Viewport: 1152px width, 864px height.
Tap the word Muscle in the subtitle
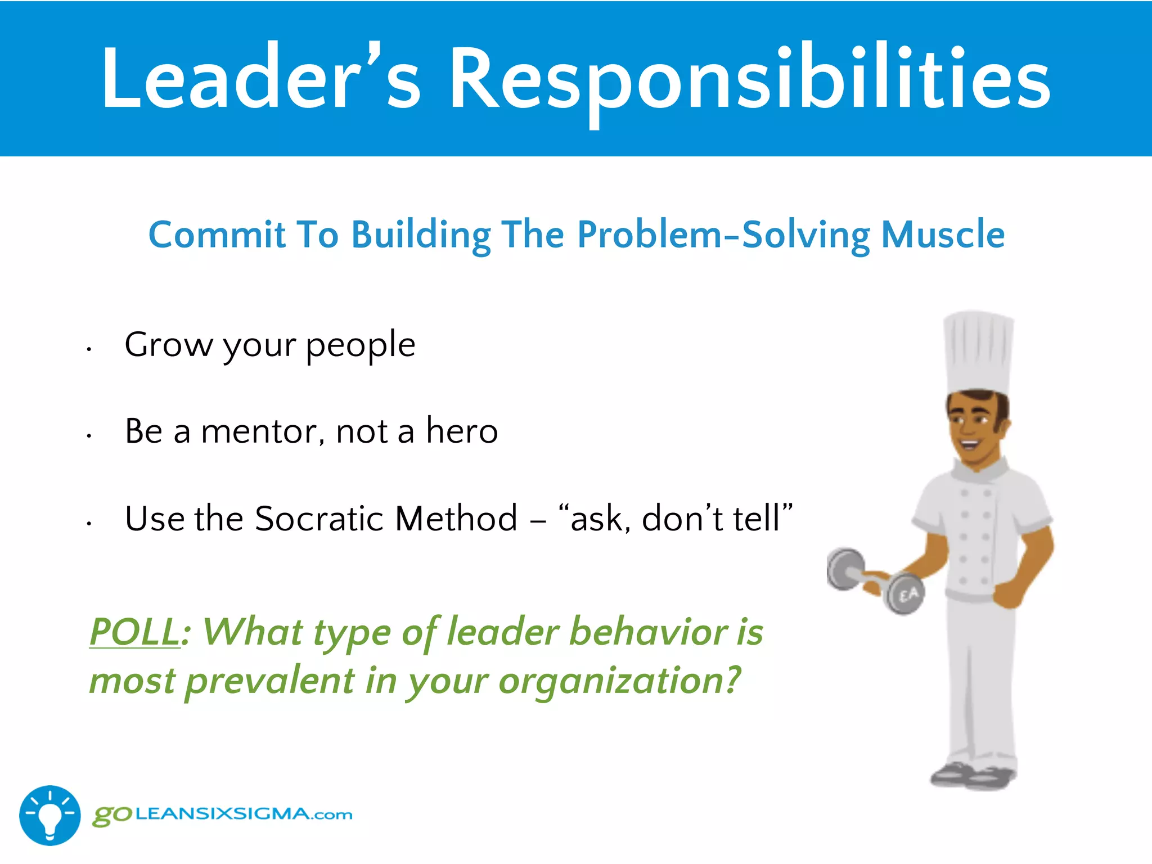coord(943,234)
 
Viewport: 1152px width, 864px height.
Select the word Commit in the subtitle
coord(217,234)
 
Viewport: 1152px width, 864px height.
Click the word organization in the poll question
coord(619,681)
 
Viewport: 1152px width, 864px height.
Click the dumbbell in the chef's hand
coord(875,579)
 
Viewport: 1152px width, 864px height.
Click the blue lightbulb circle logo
coord(49,815)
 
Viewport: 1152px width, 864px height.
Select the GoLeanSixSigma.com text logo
coord(223,814)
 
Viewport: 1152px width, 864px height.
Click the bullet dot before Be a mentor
coord(89,436)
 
